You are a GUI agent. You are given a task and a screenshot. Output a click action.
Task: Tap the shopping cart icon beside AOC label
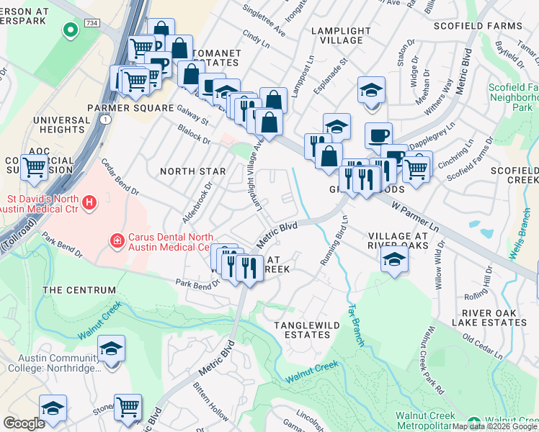[x=35, y=168]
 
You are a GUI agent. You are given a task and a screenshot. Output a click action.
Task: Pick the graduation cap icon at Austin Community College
[x=111, y=350]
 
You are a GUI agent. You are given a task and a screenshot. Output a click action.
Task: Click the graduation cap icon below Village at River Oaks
[x=394, y=261]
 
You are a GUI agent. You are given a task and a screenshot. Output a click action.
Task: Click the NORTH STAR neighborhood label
[x=192, y=171]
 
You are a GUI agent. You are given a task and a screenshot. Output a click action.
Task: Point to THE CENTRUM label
[x=79, y=290]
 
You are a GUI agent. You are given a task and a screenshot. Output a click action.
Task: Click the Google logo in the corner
[x=24, y=423]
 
